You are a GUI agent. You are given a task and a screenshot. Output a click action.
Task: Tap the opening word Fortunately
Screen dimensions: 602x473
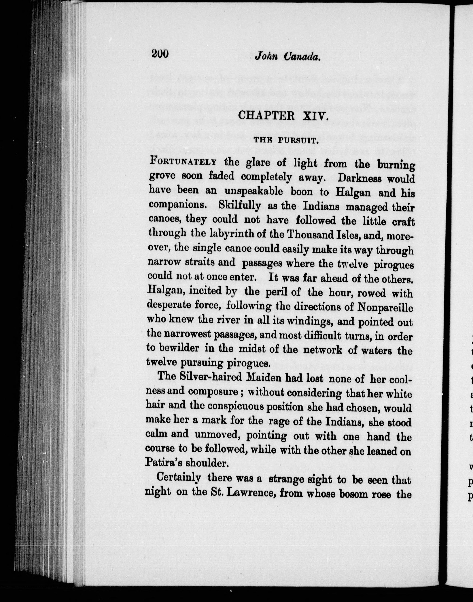(183, 161)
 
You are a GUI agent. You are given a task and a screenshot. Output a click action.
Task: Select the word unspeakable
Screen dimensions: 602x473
(254, 191)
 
